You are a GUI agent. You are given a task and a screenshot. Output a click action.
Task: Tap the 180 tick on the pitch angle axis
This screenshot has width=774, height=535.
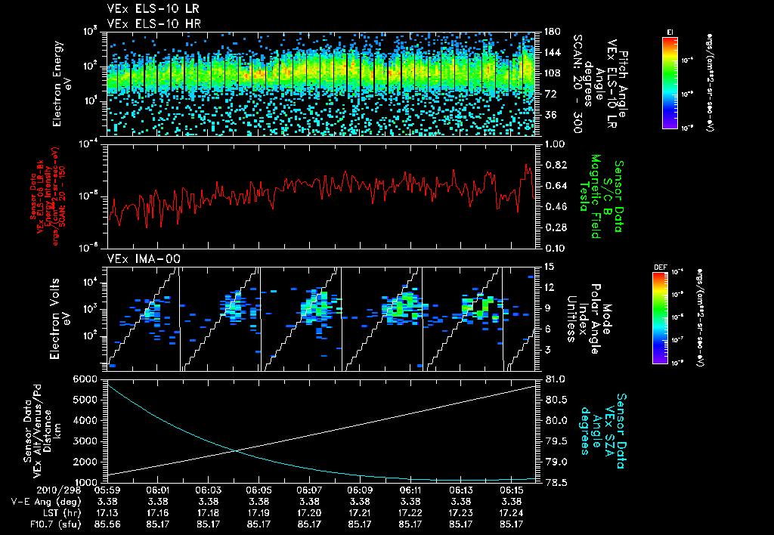[x=551, y=31]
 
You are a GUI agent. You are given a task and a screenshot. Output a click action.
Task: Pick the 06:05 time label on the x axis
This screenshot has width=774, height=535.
[x=259, y=490]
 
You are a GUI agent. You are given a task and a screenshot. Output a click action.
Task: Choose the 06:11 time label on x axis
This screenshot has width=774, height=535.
[x=410, y=490]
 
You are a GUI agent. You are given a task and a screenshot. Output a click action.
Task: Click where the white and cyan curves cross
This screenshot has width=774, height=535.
[x=235, y=451]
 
